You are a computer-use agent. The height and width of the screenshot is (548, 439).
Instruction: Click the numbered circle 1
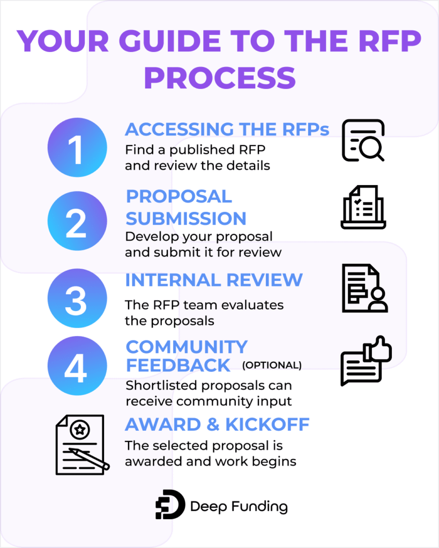click(77, 149)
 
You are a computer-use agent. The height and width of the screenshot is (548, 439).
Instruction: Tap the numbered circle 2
click(77, 224)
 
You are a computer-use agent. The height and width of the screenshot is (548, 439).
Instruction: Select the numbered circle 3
click(77, 299)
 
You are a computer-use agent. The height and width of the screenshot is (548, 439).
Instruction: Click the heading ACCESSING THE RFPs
click(227, 130)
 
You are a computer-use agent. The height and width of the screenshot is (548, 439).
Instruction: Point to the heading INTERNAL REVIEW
click(214, 280)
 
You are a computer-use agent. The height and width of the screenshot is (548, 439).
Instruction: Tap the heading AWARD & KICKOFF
click(217, 424)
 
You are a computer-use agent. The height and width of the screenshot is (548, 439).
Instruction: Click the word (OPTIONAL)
click(272, 366)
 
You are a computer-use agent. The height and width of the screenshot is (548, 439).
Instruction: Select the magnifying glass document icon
click(363, 140)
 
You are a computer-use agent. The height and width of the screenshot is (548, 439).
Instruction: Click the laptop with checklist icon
click(363, 208)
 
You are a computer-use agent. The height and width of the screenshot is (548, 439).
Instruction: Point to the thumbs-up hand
click(378, 349)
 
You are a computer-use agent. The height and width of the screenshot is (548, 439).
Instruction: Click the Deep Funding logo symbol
click(170, 505)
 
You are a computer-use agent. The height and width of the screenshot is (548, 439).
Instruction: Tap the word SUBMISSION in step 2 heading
click(185, 218)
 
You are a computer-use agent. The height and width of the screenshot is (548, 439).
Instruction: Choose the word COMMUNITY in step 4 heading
click(187, 347)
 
